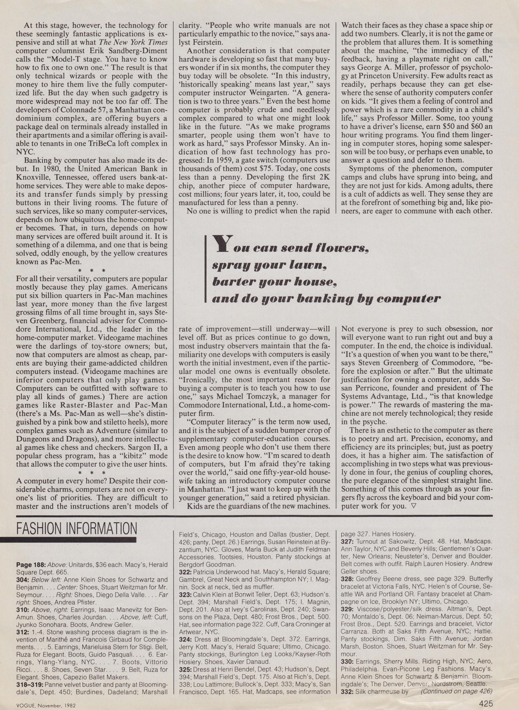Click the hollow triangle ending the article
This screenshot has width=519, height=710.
[x=413, y=506]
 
